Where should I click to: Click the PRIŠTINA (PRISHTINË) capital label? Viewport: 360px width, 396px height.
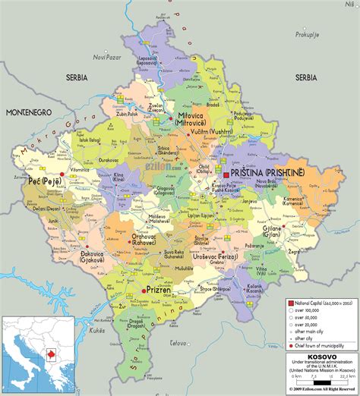(266, 173)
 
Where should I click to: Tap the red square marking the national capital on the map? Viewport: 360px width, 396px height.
(226, 174)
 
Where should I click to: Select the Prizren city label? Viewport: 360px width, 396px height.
(163, 290)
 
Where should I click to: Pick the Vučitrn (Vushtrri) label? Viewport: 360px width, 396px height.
(207, 130)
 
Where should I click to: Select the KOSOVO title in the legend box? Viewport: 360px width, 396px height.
(321, 357)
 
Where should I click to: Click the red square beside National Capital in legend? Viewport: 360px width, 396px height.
(289, 302)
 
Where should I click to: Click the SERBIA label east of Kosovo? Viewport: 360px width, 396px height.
(306, 77)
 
